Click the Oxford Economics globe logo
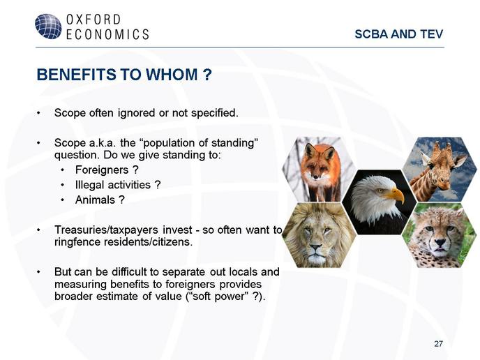48,27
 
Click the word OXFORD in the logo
93,20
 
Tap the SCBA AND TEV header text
399,34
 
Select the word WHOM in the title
172,75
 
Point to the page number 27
438,344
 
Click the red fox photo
319,170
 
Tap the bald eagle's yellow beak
395,195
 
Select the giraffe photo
440,170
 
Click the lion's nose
315,247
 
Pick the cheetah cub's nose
440,243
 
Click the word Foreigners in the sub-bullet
102,170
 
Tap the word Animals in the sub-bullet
95,200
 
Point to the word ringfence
77,242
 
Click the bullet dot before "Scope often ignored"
38,113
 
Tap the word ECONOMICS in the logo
107,34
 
